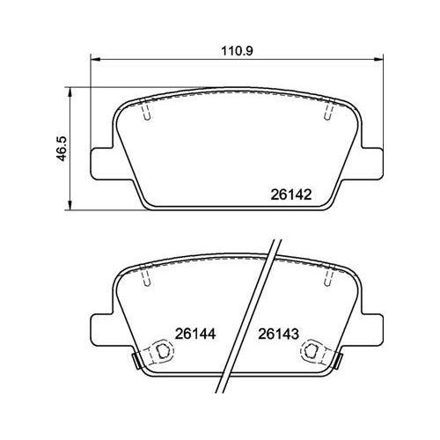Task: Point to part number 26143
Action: pos(280,334)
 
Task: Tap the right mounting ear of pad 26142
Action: pos(373,162)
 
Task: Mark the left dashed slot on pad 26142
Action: pos(148,113)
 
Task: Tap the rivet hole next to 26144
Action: pos(160,351)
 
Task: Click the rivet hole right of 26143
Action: pos(315,351)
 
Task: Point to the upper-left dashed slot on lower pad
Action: pos(148,279)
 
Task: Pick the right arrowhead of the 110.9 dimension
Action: pos(383,61)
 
